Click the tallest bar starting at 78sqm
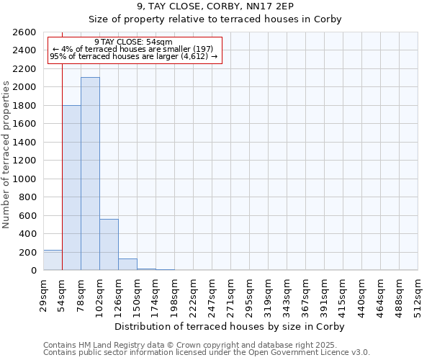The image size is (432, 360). point(90,174)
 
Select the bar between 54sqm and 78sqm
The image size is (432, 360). point(71,188)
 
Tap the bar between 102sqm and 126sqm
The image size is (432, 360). point(109,245)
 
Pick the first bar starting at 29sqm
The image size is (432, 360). point(53,260)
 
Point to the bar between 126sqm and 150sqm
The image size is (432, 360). point(127,264)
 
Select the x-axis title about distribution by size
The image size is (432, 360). point(230,327)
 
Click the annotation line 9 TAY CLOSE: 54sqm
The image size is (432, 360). point(133,42)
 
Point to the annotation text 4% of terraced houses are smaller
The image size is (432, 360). point(133,49)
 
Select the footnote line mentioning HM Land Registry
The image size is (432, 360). point(206,345)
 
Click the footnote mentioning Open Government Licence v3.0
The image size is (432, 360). point(206,353)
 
